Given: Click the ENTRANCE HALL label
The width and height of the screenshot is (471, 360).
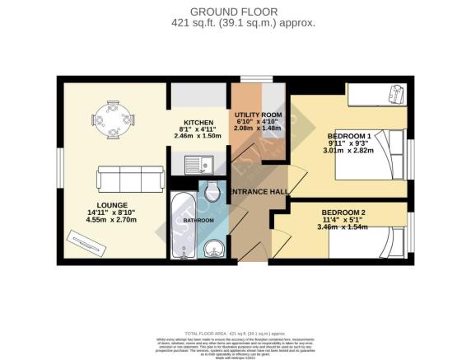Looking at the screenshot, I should point(258,192).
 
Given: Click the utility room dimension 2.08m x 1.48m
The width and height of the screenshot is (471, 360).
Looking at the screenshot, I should point(259,129).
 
